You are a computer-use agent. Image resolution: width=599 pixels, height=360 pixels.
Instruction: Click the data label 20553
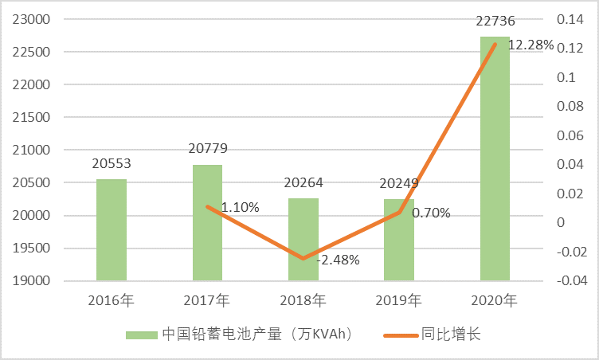pos(112,164)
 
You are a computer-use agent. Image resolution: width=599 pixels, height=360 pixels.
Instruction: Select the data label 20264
pos(303,182)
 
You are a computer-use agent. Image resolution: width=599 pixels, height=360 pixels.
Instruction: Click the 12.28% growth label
pos(530,45)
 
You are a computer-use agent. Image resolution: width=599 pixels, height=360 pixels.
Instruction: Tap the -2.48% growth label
pos(338,260)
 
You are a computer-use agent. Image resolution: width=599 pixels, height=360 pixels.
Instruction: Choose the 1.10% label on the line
pos(240,207)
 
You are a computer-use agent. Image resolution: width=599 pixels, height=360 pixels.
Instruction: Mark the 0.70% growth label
pos(431,213)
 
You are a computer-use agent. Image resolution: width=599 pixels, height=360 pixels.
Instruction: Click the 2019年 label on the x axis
pos(399,301)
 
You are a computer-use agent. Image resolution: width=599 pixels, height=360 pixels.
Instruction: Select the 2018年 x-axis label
pos(303,301)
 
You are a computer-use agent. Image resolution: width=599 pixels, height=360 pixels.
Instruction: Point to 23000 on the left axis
pos(31,20)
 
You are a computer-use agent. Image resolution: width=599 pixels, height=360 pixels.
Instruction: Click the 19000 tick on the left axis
pos(31,280)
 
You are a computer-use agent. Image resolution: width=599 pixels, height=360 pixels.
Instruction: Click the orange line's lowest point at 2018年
pos(303,259)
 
